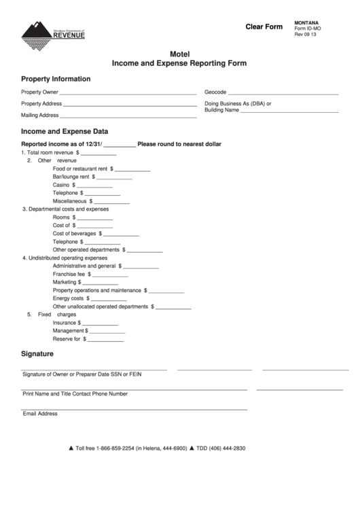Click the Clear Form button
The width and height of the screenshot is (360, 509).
click(264, 27)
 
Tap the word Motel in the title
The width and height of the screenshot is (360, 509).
click(179, 54)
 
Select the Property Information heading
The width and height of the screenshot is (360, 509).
click(56, 79)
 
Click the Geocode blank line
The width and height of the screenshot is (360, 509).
click(283, 93)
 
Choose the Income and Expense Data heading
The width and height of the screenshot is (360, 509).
click(65, 131)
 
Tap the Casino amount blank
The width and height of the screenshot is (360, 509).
click(94, 186)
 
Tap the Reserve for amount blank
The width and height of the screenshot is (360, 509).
click(106, 340)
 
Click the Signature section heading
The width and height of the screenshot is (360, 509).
click(37, 354)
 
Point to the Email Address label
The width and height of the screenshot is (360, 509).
click(40, 413)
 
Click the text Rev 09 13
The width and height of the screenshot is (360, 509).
click(306, 35)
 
